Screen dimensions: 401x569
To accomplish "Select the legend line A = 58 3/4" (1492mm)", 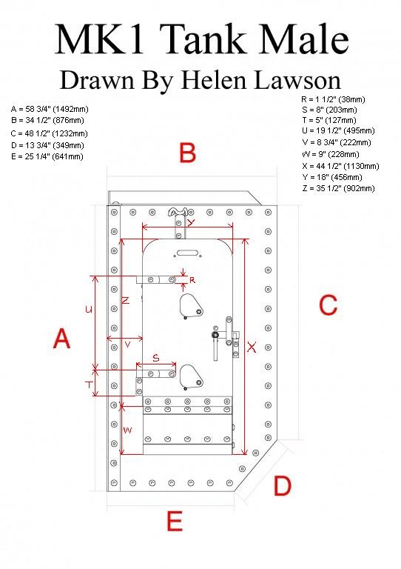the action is [50, 109].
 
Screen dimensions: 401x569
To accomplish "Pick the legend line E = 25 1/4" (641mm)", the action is [47, 157].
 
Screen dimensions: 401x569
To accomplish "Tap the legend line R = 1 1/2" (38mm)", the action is [333, 99].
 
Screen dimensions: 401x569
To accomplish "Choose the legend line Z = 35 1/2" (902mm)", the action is [338, 188].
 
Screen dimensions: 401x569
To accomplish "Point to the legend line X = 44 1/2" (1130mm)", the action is [340, 166].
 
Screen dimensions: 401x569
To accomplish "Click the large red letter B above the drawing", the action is [188, 153].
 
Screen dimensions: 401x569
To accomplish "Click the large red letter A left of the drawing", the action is [61, 338].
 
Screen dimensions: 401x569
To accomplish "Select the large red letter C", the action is [328, 305].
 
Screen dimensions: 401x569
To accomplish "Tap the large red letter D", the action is [282, 486].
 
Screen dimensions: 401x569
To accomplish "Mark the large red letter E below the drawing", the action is [175, 521].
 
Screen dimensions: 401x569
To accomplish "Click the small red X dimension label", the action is [252, 347].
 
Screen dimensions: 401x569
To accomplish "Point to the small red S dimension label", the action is [156, 358].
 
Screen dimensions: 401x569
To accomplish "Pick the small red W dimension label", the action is [127, 430].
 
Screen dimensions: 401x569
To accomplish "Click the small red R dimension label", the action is [192, 280].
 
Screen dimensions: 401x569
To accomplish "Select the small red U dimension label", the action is [88, 309].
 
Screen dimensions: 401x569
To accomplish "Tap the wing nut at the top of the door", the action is [178, 211].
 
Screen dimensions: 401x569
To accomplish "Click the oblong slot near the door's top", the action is [187, 253].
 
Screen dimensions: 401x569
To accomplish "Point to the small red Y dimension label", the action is [191, 222].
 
